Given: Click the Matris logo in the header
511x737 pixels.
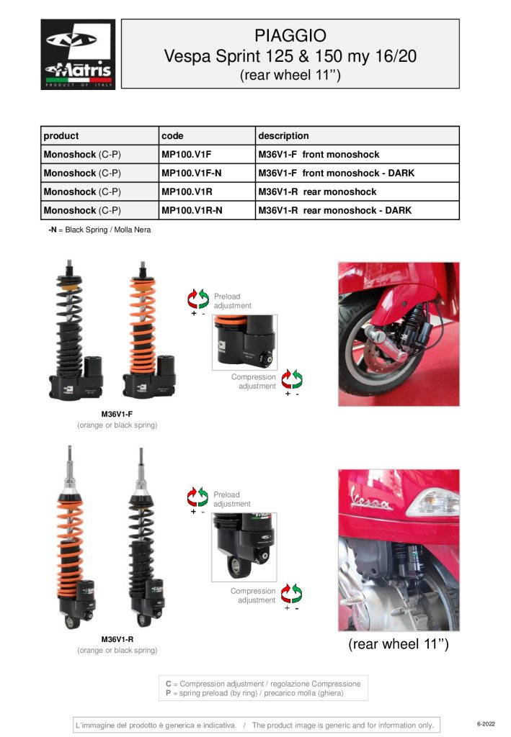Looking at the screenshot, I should (x=78, y=54).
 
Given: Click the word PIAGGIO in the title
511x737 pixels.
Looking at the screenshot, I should (x=290, y=35).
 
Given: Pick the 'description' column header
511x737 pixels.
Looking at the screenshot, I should (x=283, y=136).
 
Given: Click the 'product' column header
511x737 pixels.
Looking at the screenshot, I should (x=61, y=136).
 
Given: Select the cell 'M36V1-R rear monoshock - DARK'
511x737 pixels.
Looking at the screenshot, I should (x=334, y=211).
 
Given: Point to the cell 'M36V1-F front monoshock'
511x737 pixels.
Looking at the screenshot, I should (x=318, y=155).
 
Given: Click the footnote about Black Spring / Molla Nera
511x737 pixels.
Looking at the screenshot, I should (x=99, y=230).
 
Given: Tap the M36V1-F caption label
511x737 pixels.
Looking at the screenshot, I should (x=117, y=415).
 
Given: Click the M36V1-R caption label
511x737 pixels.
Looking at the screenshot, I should (x=117, y=639).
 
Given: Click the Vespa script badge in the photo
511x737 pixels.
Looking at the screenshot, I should (x=370, y=499).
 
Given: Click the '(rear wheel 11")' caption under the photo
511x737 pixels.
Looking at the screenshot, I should (x=398, y=645).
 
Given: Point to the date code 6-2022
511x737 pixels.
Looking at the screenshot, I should (x=486, y=723).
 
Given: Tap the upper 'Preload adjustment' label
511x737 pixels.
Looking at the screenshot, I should (x=232, y=301).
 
